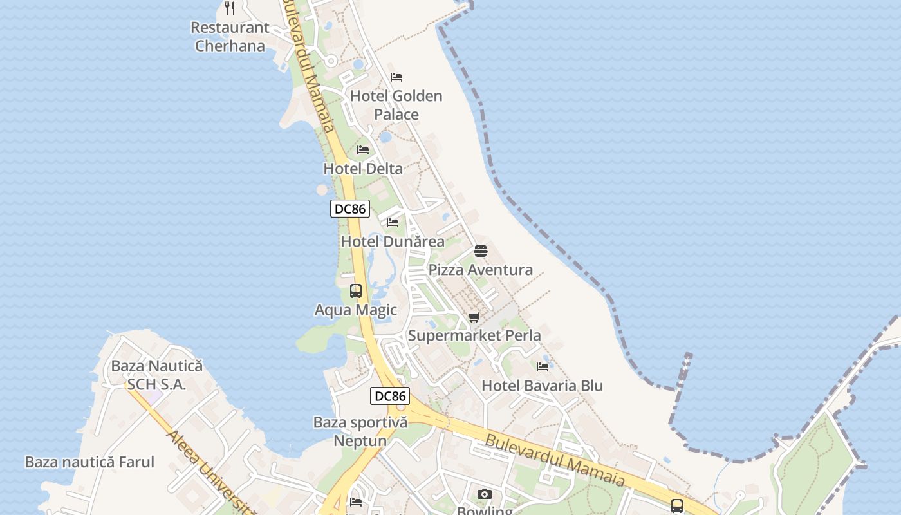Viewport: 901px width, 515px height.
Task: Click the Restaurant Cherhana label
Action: [x=230, y=37]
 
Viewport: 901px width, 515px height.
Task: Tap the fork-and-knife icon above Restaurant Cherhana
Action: [x=230, y=8]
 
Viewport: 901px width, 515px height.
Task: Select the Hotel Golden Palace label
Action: [x=396, y=105]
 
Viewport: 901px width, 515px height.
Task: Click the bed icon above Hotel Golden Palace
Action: [x=396, y=77]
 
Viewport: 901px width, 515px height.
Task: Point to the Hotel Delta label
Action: [x=363, y=169]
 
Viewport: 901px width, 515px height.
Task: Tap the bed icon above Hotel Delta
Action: [x=363, y=150]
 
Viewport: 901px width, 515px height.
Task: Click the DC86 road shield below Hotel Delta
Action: [x=350, y=209]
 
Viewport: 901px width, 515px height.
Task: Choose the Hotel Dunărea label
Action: [x=393, y=242]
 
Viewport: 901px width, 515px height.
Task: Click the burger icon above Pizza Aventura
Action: [x=481, y=251]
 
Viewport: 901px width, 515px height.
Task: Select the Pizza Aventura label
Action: [x=481, y=270]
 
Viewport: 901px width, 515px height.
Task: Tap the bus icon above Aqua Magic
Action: [x=356, y=291]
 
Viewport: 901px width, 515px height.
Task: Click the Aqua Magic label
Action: [x=356, y=310]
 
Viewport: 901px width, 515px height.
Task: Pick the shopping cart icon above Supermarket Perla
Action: [x=474, y=317]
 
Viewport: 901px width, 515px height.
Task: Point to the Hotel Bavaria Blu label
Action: [x=543, y=386]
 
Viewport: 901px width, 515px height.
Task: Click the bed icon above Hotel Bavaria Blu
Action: [x=543, y=367]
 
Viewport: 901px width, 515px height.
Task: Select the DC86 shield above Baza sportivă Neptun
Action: [x=390, y=396]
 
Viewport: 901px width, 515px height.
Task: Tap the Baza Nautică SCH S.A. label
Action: [x=157, y=375]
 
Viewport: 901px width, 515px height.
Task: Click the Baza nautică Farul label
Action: [x=89, y=462]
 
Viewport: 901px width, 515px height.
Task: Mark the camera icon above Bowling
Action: [x=485, y=494]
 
